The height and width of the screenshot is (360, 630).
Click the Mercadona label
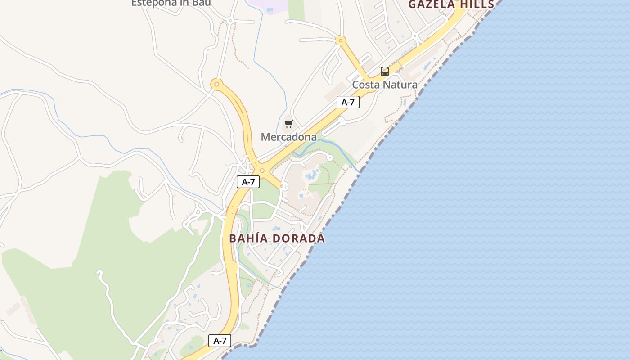[289, 137]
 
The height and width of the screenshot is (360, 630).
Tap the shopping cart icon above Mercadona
[288, 124]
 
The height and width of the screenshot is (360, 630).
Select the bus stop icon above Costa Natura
[385, 71]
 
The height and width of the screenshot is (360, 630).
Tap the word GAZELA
[432, 4]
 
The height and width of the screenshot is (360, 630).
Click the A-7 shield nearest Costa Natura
[348, 102]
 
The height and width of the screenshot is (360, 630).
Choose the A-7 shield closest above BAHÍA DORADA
[248, 182]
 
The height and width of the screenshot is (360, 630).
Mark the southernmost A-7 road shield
[220, 341]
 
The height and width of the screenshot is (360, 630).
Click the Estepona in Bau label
[171, 3]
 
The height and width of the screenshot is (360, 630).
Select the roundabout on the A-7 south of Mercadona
[262, 171]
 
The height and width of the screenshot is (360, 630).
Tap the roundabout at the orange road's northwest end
[217, 84]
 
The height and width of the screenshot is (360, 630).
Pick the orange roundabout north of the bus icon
[341, 40]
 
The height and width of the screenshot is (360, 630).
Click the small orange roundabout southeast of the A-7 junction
[282, 185]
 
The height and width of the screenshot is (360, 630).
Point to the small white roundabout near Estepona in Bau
[230, 20]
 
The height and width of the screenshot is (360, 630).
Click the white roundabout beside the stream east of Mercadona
[330, 157]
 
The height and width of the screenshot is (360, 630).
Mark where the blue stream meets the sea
[360, 171]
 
